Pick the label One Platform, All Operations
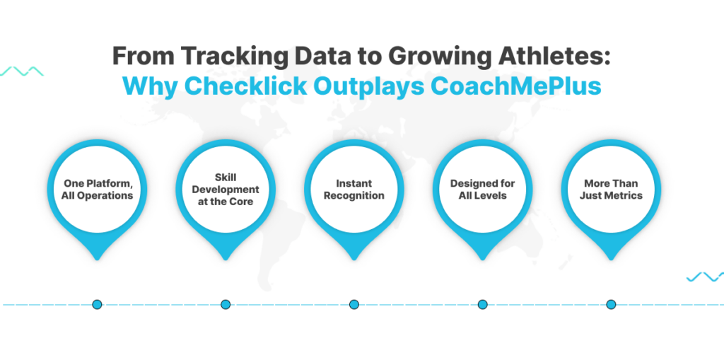pos(97,190)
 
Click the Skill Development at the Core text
pos(226,190)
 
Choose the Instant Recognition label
pos(354,190)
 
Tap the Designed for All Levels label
pos(482,190)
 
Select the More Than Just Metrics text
pos(611,190)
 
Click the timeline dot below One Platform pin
pos(97,305)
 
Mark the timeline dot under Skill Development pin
pos(226,305)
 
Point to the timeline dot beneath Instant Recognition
pos(354,305)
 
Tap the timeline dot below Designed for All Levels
pos(482,305)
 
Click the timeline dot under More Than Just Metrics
pos(611,305)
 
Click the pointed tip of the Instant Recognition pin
pos(354,260)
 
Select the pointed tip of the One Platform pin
pos(97,260)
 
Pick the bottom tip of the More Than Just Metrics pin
pos(611,260)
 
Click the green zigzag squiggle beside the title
pos(22,71)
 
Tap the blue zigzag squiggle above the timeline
pos(705,277)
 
